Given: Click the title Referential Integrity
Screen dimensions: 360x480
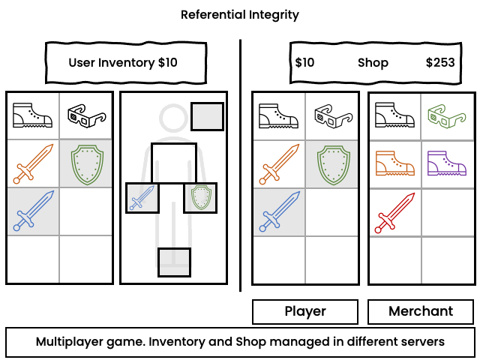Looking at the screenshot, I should click(x=240, y=14).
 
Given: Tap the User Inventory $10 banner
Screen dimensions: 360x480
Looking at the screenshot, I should click(x=123, y=62).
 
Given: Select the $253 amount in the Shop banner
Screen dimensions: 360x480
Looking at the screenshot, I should click(x=440, y=62).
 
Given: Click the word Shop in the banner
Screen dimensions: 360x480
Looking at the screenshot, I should click(x=373, y=62).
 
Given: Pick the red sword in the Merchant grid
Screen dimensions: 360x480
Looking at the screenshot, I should click(x=395, y=212).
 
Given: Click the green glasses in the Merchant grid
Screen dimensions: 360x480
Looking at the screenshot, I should click(x=447, y=116).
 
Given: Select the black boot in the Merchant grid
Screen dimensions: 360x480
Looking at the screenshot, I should click(x=395, y=116).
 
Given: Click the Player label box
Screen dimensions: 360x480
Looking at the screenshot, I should click(x=305, y=311).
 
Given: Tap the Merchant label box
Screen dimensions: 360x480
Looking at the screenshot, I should click(x=421, y=311).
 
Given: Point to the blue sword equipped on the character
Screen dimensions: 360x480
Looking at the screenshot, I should click(x=142, y=198).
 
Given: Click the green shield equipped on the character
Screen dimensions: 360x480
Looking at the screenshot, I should click(x=200, y=198).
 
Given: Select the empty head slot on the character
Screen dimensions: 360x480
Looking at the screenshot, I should click(x=207, y=116).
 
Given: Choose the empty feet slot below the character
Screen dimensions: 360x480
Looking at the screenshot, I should click(x=174, y=262).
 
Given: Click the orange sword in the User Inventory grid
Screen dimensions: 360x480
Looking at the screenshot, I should click(x=34, y=163).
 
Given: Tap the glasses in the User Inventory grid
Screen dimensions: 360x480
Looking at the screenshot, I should click(x=85, y=115).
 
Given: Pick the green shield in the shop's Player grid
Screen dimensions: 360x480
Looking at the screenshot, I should click(x=332, y=163).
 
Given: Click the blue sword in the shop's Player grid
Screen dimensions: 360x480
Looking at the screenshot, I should click(x=278, y=211).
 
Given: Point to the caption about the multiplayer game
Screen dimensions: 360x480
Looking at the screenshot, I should click(x=240, y=342).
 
